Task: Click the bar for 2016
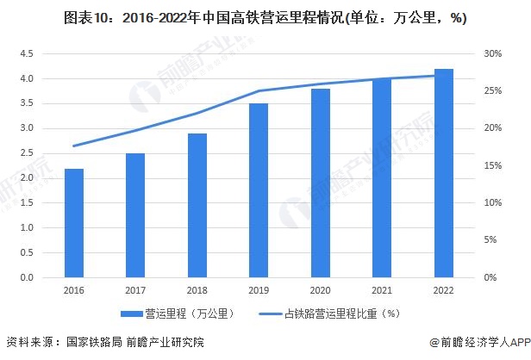(x=74, y=223)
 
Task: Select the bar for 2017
(x=135, y=215)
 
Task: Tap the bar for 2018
(x=197, y=206)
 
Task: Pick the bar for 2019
(x=259, y=190)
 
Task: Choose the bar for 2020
(x=321, y=183)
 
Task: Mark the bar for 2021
(x=382, y=178)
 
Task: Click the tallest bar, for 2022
(x=444, y=173)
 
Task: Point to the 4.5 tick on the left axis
(x=25, y=53)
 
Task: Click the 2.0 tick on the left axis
(x=25, y=178)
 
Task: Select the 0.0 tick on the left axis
(x=25, y=278)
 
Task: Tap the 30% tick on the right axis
(x=492, y=53)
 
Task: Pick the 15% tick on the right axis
(x=492, y=165)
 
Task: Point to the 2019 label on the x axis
(x=259, y=292)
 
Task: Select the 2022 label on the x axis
(x=444, y=292)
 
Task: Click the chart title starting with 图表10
(x=265, y=19)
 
